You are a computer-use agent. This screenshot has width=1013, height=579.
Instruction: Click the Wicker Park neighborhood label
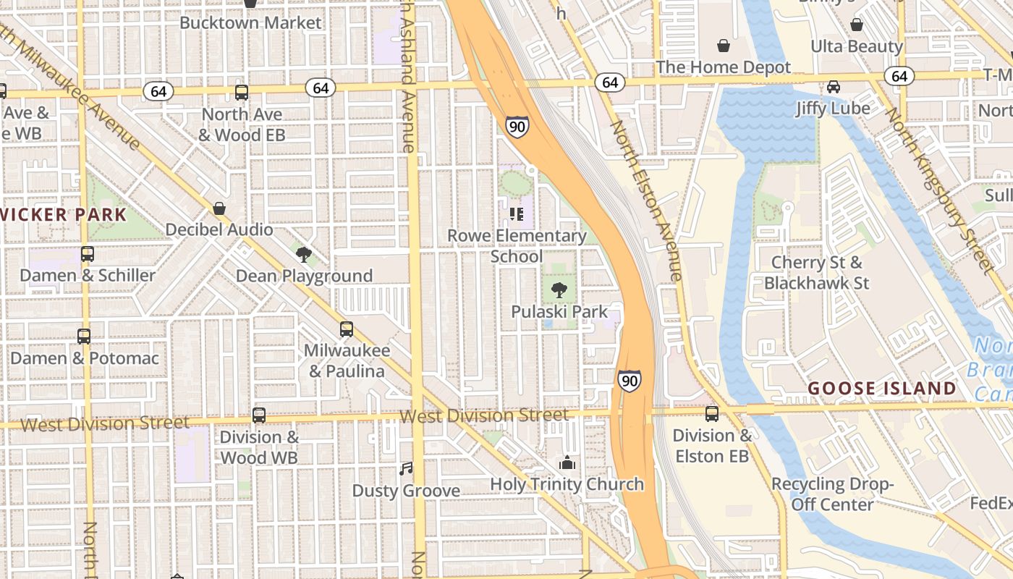(x=64, y=214)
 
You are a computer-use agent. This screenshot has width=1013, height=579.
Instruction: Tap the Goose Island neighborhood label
(x=881, y=389)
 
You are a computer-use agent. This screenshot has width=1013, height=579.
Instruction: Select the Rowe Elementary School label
(x=517, y=246)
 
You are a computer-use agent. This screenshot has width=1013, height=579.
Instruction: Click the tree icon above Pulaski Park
(x=559, y=291)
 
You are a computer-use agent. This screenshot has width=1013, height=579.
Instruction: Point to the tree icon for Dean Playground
(x=304, y=254)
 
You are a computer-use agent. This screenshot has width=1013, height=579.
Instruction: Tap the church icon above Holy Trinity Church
(x=567, y=462)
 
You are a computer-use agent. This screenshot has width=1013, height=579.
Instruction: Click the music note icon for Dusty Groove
(x=406, y=469)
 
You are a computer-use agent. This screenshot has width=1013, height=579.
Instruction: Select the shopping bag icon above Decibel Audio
(x=219, y=208)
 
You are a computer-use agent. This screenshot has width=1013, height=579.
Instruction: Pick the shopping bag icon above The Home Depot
(x=723, y=46)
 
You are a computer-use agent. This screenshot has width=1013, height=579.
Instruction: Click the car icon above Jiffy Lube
(x=833, y=87)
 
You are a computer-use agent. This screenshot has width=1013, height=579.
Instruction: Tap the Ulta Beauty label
(x=857, y=46)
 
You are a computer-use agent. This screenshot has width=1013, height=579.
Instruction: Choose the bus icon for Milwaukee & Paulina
(x=347, y=329)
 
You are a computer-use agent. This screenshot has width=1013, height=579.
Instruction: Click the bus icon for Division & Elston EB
(x=712, y=414)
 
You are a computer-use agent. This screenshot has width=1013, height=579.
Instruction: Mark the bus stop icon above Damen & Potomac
(x=84, y=337)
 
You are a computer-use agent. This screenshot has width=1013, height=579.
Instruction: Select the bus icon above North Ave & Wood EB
(x=242, y=93)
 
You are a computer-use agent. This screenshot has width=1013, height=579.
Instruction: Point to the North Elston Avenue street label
(x=646, y=200)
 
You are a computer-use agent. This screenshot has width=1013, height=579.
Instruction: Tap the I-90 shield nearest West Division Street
(x=629, y=381)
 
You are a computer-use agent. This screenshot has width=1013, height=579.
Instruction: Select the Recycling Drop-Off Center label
(x=832, y=494)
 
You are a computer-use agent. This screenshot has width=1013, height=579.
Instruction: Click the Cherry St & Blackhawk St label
(x=816, y=273)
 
